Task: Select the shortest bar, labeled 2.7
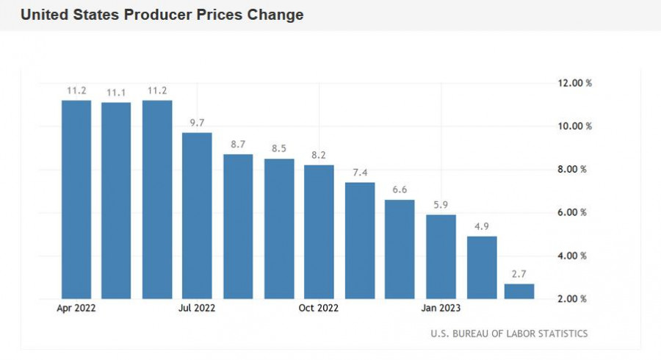coord(519,291)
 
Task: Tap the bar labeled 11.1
coord(116,200)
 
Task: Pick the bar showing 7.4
coord(360,240)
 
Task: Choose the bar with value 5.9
coord(441,256)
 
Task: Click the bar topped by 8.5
coord(279,228)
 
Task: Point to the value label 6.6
coord(400,190)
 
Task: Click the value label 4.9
coord(481,226)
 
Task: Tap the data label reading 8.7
coord(238,144)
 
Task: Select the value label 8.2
coord(319,154)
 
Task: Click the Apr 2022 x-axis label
coord(76,309)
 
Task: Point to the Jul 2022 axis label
coord(197,309)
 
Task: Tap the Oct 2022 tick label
coord(319,309)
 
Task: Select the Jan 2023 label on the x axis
coord(441,309)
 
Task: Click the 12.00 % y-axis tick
coord(574,83)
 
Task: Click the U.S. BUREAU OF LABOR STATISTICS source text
coord(509,334)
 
